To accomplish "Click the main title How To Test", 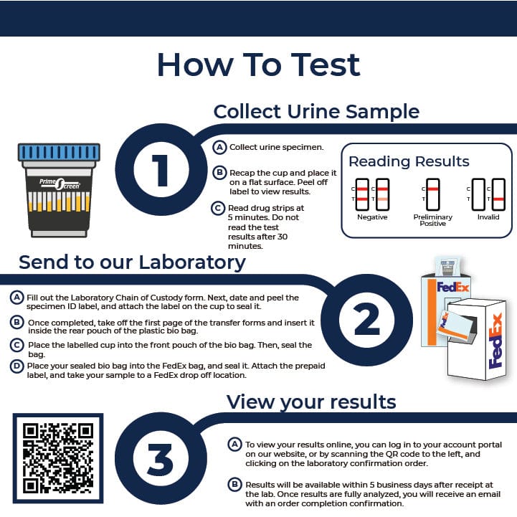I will coord(258,65).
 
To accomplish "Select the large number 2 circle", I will coord(366,320).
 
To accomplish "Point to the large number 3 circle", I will coord(159,457).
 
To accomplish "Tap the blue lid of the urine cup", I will coord(59,152).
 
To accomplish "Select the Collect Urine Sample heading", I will coord(316,112).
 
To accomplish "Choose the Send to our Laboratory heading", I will coord(132,262).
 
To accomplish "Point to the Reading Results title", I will coord(409,161).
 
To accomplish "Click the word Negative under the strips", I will coord(371,217).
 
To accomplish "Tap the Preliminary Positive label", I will coord(432,220).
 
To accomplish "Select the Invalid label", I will coord(488,217).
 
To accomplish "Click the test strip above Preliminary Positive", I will coord(432,194).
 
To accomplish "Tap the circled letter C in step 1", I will coord(220,208).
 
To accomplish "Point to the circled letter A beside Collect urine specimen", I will coord(221,147).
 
